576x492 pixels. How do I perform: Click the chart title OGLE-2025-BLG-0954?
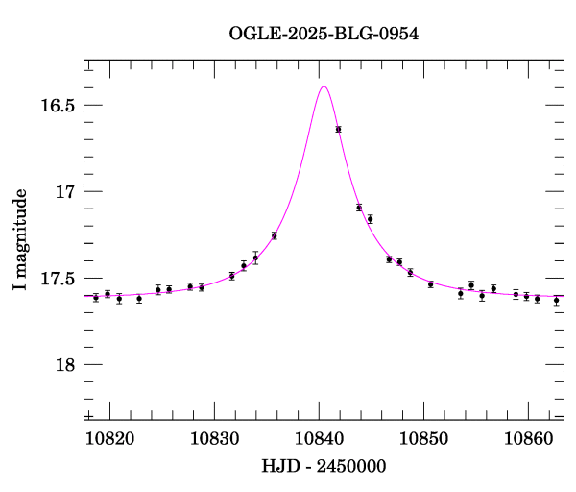(324, 34)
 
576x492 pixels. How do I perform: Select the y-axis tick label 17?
(64, 192)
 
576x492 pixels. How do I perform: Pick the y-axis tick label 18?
(64, 365)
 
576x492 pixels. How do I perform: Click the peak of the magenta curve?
(324, 86)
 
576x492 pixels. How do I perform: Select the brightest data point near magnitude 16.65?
(338, 129)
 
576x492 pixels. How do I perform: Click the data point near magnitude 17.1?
(359, 208)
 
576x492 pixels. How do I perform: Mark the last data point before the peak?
(275, 235)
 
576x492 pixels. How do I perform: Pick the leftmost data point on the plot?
(96, 298)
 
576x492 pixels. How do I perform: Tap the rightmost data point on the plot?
(556, 300)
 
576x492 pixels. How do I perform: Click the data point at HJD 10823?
(139, 299)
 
